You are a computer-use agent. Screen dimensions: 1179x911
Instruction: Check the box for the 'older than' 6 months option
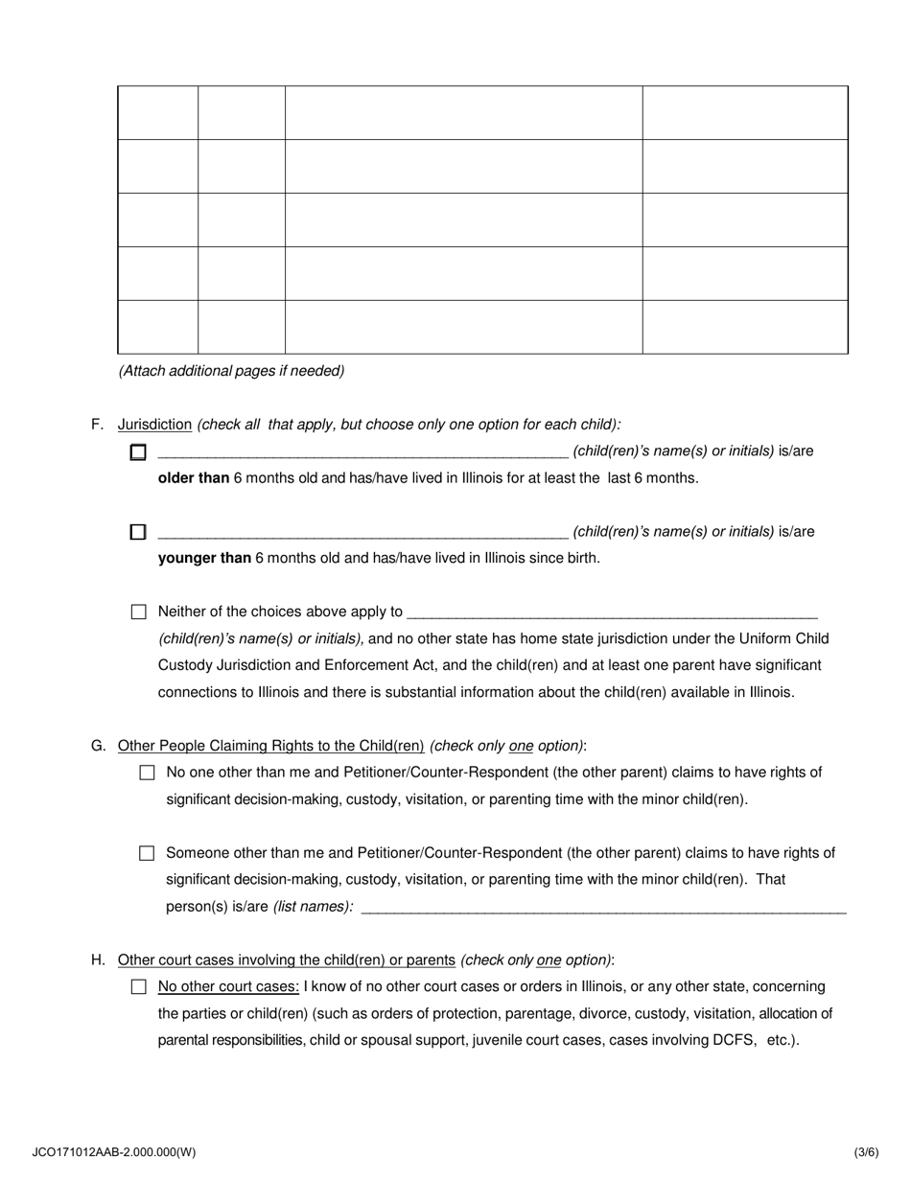click(138, 452)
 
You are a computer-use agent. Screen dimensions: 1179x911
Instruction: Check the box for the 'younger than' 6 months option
click(138, 532)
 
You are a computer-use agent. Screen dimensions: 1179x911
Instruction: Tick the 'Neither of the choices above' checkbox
click(139, 612)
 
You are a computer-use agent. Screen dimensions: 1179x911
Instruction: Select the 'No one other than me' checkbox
click(147, 773)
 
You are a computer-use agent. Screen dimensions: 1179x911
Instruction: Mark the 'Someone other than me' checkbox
click(147, 853)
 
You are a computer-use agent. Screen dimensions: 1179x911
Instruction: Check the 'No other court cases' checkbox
click(139, 987)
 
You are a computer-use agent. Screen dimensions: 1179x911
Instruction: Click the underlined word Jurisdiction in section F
click(154, 425)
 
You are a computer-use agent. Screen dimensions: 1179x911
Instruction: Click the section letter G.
click(98, 746)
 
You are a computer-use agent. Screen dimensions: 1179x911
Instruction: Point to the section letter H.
click(98, 960)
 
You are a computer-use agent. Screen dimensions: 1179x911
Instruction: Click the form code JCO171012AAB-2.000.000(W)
click(113, 1153)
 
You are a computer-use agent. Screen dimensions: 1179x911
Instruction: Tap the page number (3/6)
click(866, 1153)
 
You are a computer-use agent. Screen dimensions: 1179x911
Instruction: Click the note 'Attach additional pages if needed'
click(231, 371)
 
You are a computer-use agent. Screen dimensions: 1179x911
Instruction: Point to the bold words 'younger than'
click(204, 558)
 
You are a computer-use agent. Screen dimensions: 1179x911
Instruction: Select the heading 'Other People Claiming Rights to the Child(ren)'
click(270, 746)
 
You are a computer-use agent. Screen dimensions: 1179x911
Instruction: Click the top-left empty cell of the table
click(158, 113)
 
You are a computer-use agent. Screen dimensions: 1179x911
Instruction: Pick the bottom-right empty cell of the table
click(744, 327)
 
